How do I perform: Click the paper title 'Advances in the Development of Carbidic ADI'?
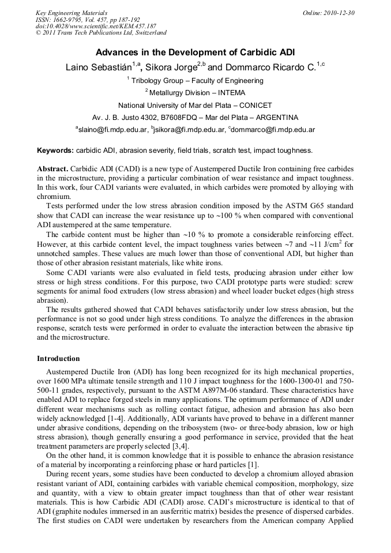(195, 52)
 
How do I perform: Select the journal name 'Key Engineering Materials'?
(72, 13)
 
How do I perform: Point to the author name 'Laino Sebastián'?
(98, 67)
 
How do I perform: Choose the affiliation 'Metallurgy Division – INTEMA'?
(197, 93)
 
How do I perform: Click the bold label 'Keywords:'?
(55, 151)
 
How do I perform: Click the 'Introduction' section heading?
(58, 358)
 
